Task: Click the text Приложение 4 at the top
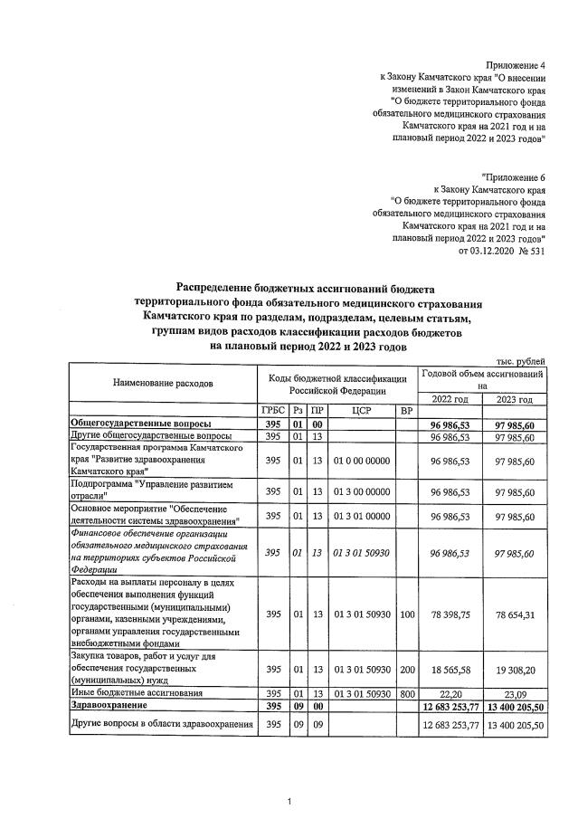point(516,66)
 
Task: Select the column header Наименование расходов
point(163,383)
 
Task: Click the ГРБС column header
point(273,411)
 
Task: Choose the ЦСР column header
point(361,411)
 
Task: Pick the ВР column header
point(406,411)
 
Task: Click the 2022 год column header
point(450,399)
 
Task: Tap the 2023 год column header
point(514,399)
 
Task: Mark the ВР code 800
point(406,692)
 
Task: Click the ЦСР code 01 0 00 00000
point(361,461)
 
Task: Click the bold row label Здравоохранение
point(109,704)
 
